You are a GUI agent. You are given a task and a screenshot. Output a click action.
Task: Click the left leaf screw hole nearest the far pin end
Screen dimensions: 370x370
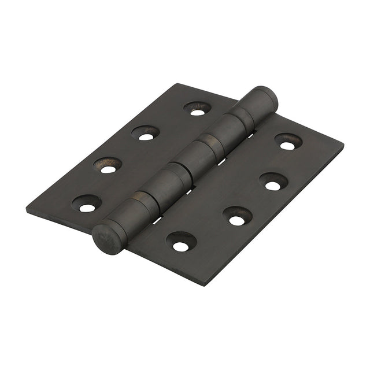[198, 109]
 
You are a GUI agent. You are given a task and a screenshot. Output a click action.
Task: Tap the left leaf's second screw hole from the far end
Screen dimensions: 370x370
[146, 134]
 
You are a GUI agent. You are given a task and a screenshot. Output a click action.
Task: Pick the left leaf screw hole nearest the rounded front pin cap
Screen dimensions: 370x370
[86, 204]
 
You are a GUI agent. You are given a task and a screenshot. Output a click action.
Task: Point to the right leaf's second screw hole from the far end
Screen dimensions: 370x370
[273, 182]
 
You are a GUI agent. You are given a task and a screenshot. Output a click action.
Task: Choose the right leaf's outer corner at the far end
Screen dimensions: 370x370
[342, 144]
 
